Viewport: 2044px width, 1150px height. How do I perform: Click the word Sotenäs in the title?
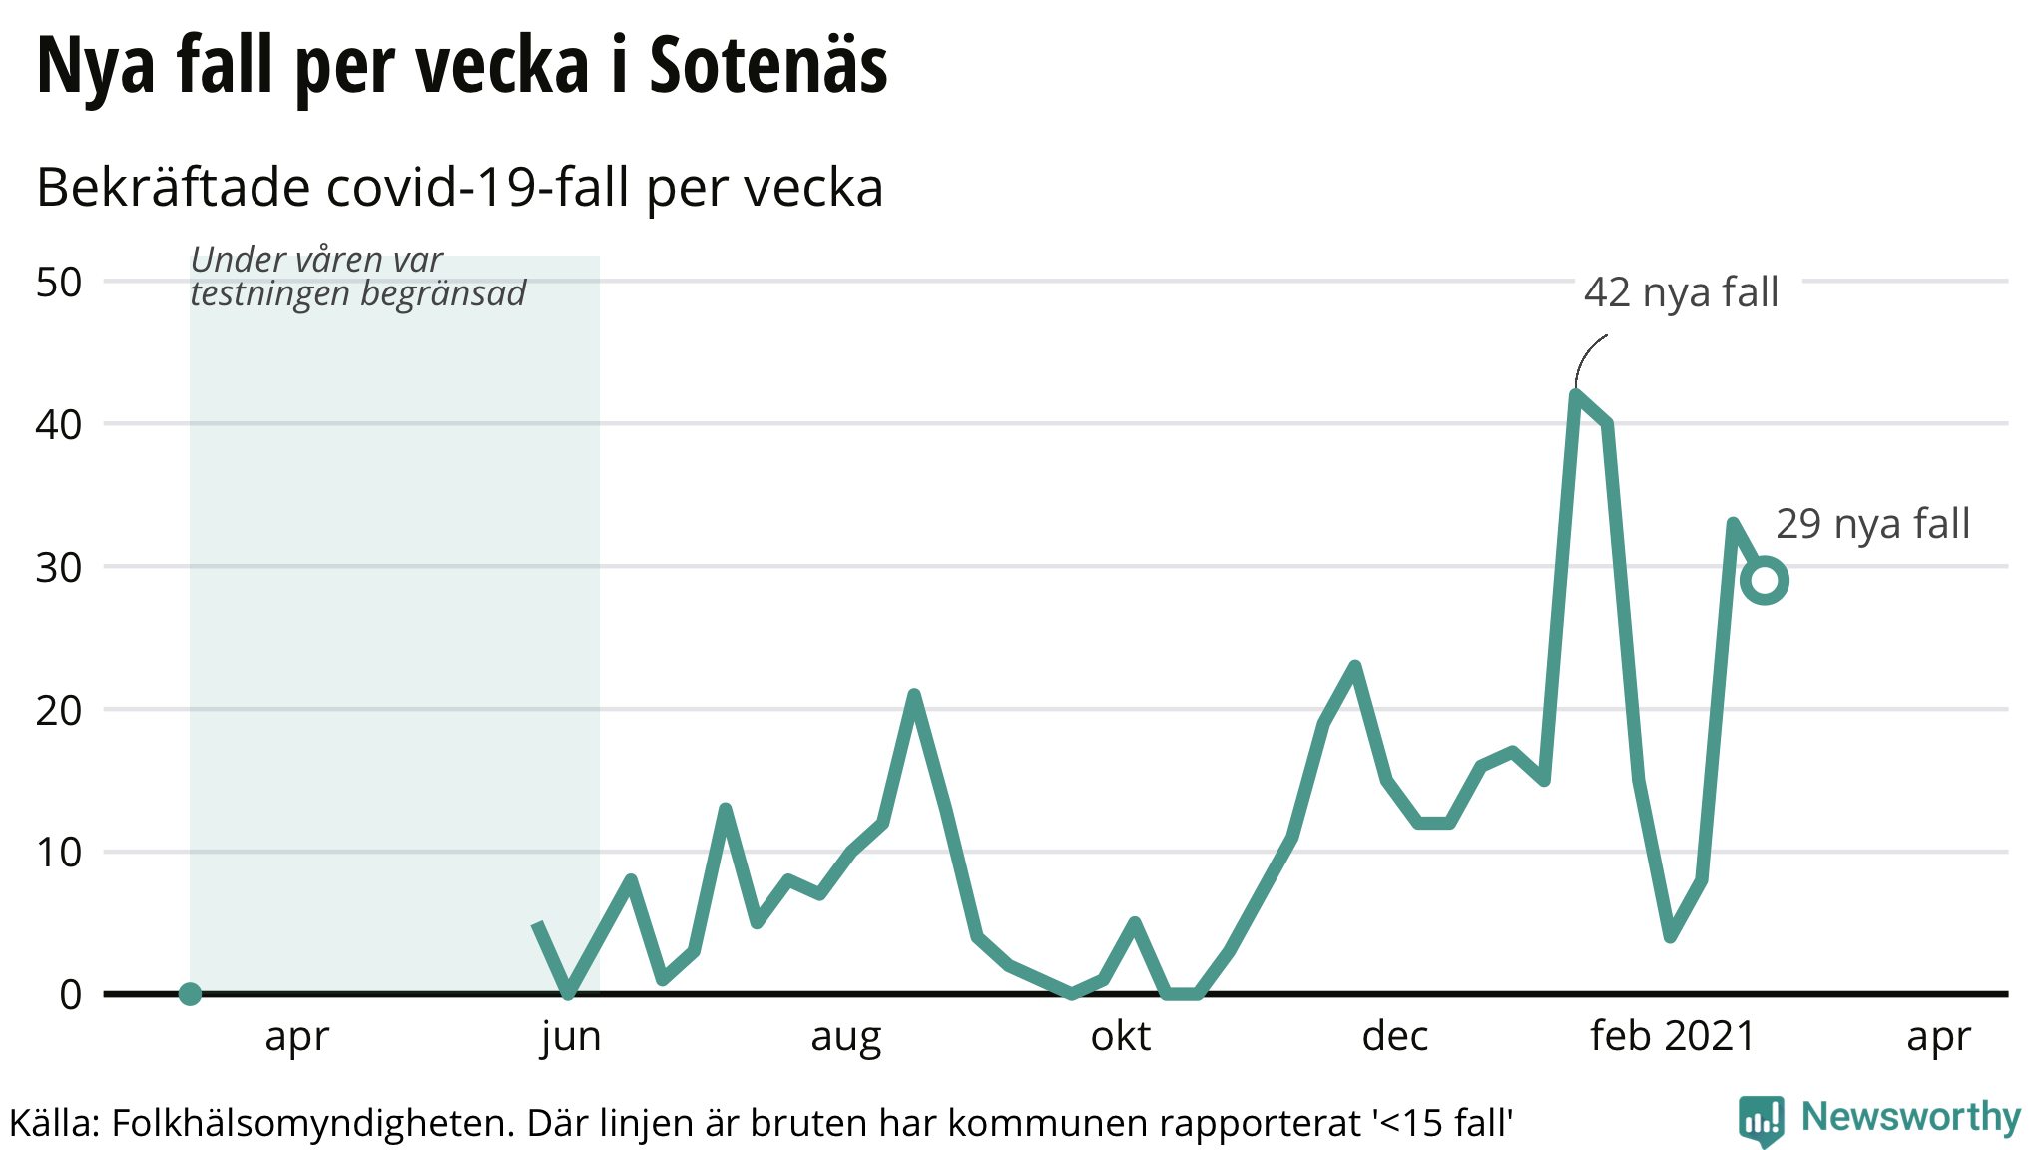(x=767, y=66)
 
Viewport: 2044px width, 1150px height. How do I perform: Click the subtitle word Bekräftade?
(x=174, y=188)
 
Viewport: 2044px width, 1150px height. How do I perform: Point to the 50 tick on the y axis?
(x=59, y=283)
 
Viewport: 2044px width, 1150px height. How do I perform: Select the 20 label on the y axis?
(x=59, y=711)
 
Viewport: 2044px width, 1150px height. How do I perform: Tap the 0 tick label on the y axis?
(x=70, y=995)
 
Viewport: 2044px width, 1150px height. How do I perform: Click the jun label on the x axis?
(x=571, y=1037)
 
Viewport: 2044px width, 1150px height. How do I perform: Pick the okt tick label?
(x=1120, y=1037)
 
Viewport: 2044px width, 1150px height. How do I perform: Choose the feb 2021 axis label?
(x=1673, y=1037)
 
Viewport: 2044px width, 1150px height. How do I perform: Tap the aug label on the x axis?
(x=845, y=1037)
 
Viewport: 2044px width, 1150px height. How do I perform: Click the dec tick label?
(x=1394, y=1037)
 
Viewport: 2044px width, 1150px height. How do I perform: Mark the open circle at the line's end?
(x=1765, y=581)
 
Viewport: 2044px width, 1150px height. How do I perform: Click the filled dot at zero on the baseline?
(x=190, y=994)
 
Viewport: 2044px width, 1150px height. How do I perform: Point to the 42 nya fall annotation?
(x=1681, y=292)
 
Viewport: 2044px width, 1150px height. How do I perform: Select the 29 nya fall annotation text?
(x=1872, y=524)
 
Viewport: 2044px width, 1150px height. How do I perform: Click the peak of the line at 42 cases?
(x=1576, y=396)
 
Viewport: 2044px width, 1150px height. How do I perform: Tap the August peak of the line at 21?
(x=913, y=695)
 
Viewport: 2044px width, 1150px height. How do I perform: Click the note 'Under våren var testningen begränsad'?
(x=357, y=277)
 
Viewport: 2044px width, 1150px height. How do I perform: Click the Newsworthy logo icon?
(x=1762, y=1120)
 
